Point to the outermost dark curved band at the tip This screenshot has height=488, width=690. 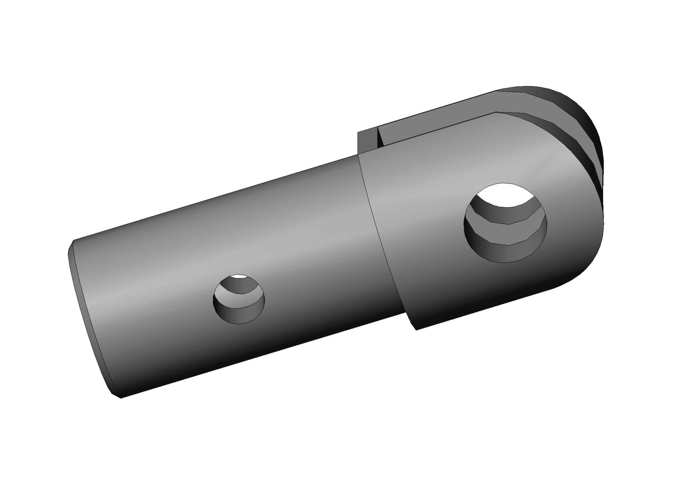[589, 126]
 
